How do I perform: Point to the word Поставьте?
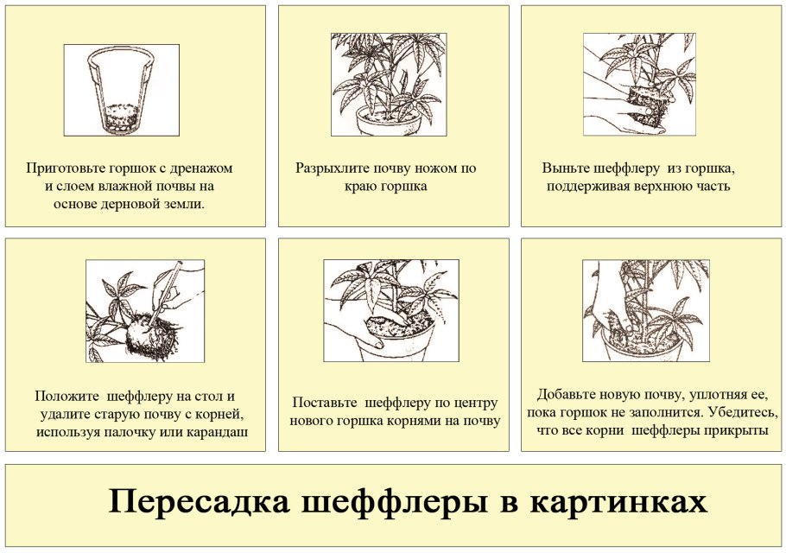[x=325, y=403]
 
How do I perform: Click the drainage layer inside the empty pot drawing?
[x=121, y=118]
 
